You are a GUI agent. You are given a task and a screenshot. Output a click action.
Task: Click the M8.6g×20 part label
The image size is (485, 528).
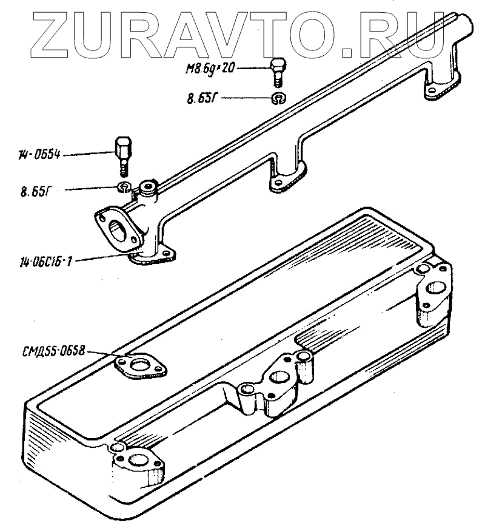pos(209,70)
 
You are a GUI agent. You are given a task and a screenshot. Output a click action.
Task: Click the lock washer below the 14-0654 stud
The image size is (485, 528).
pos(124,186)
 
